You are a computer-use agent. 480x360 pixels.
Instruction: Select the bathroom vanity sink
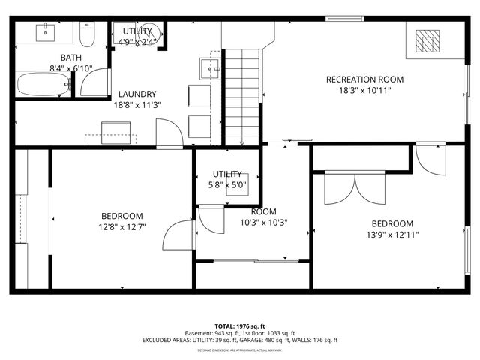coord(46,32)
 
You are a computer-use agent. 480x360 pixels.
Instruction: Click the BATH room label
coord(71,58)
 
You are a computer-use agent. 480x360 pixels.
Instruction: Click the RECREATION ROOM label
coord(364,79)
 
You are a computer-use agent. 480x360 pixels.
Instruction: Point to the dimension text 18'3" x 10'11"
coord(364,91)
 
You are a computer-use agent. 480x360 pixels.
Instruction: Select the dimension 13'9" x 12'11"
coord(391,235)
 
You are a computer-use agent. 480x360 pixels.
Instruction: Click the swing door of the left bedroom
coord(178,235)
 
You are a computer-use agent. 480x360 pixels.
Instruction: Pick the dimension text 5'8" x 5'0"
coord(226,184)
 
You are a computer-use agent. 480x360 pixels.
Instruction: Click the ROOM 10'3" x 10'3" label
coord(263,217)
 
